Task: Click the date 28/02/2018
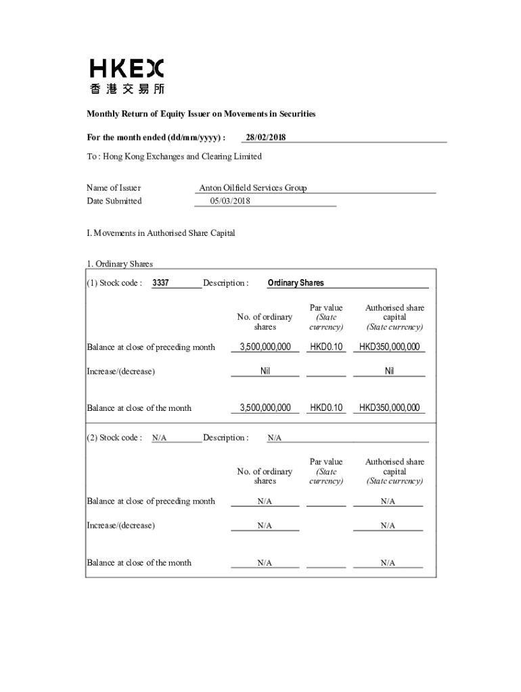[265, 138]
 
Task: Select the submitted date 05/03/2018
[231, 201]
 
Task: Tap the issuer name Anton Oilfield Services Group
[252, 188]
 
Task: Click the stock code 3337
[160, 283]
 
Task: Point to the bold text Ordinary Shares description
[296, 283]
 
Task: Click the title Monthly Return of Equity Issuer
[201, 114]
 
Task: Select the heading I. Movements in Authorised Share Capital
[161, 233]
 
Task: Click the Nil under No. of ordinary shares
[265, 371]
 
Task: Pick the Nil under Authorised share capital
[389, 371]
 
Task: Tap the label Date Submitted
[114, 201]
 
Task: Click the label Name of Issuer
[113, 188]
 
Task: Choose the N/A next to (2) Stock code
[159, 438]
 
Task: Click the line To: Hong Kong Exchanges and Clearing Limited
[174, 157]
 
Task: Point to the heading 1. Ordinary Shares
[120, 264]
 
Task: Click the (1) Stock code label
[114, 283]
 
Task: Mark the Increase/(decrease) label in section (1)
[120, 372]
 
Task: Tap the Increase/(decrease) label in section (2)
[120, 525]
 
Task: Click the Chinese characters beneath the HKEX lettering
[127, 89]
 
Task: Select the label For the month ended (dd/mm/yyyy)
[156, 138]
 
